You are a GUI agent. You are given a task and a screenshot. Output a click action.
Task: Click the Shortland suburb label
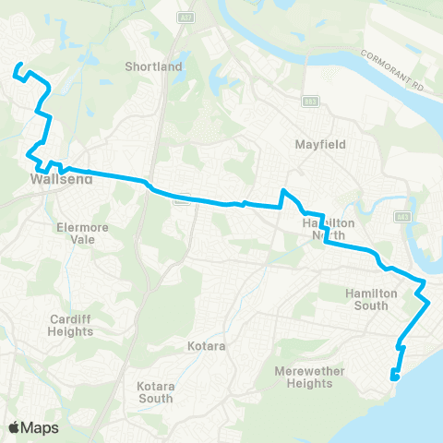coord(155,66)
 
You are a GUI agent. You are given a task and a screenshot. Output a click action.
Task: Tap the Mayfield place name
coord(318,146)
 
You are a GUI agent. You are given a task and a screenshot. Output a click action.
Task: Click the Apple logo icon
coord(14,427)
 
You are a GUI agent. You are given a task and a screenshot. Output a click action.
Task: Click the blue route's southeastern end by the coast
coord(394,376)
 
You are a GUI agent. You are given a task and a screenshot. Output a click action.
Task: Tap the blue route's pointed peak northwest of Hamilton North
coord(284,191)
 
